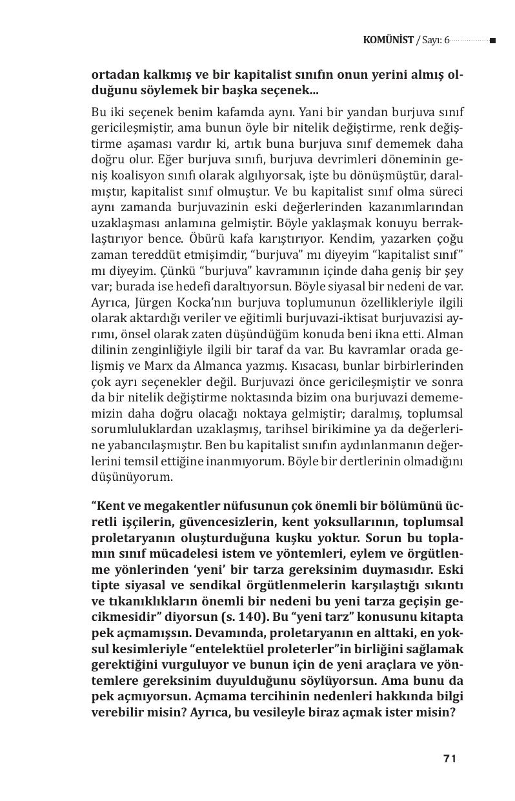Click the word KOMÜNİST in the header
[388, 40]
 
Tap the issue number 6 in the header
[446, 40]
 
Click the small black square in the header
[492, 41]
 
